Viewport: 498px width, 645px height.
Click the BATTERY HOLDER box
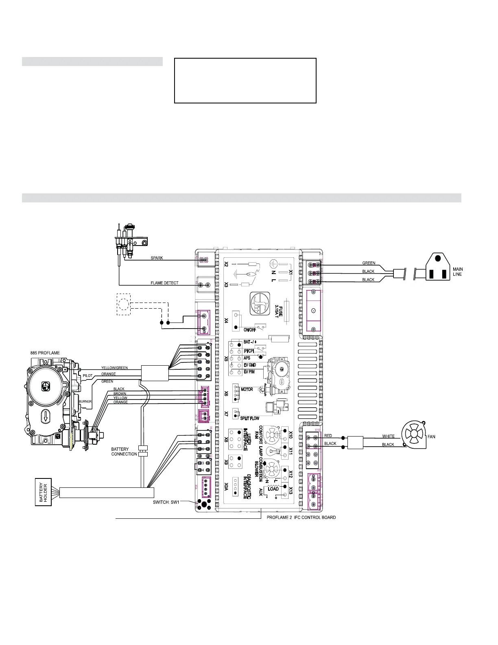click(44, 492)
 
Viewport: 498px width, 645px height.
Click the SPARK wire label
click(157, 258)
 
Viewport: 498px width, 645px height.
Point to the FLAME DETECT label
click(164, 283)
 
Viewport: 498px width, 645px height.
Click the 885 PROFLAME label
click(45, 353)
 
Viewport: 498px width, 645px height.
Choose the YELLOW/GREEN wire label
click(114, 368)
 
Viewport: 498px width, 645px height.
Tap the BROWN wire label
click(120, 394)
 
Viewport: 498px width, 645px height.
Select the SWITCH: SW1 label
click(166, 502)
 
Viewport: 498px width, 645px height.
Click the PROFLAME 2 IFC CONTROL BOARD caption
click(301, 518)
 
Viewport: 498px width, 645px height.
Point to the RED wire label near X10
click(328, 436)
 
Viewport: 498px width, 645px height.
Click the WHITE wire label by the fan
click(388, 436)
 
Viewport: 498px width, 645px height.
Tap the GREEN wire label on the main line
click(369, 263)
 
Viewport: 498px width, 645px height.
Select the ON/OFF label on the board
click(249, 330)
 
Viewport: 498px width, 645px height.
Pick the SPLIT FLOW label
click(249, 418)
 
